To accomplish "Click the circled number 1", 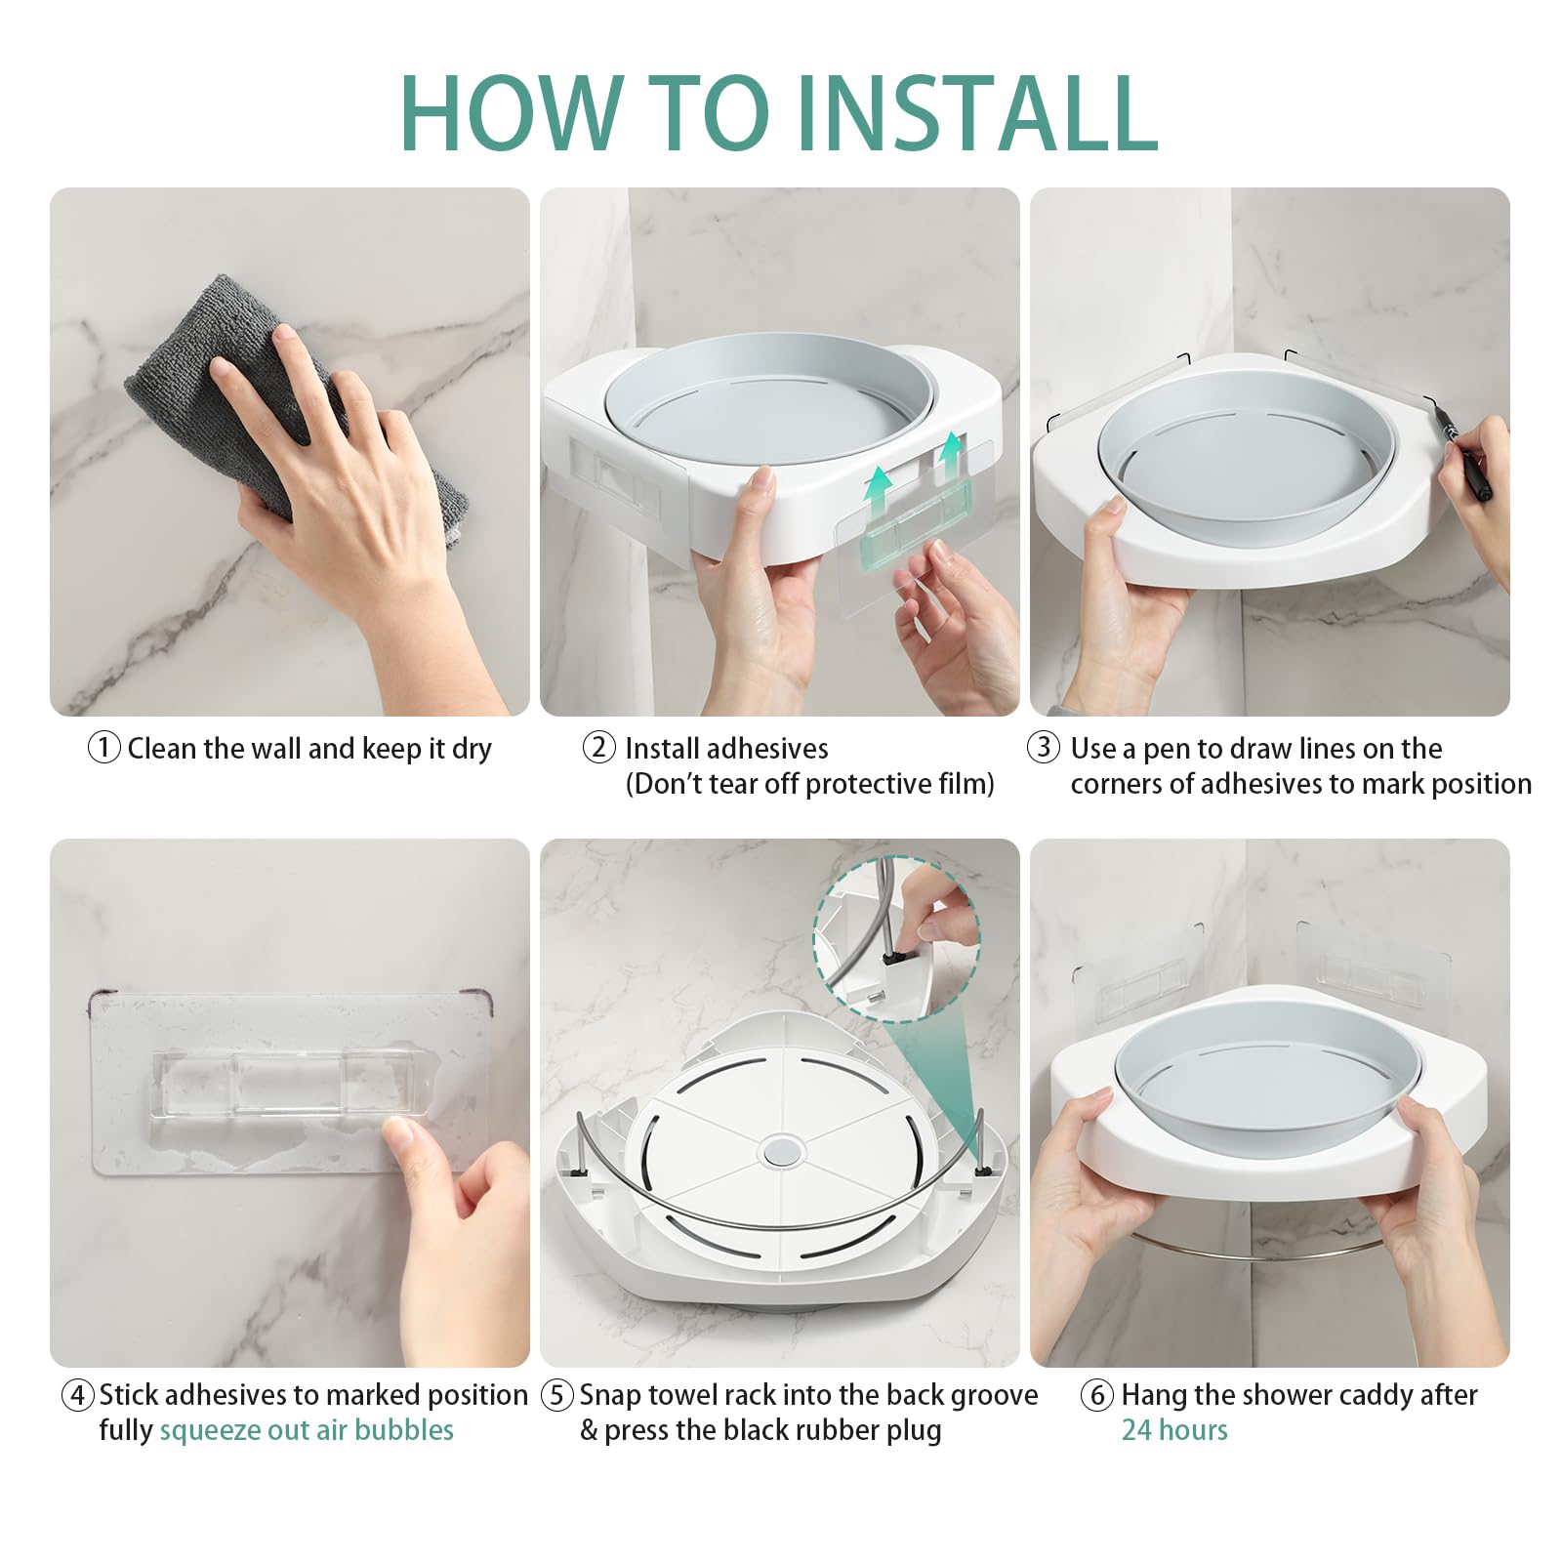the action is [104, 749].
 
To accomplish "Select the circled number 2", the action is [599, 748].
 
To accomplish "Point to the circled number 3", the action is [1044, 748].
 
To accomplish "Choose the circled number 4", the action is [78, 1395].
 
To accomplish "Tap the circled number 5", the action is [557, 1395].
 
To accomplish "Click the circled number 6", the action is [1097, 1395].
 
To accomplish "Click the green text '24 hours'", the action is [1174, 1430].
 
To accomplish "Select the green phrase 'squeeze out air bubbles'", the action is [307, 1431].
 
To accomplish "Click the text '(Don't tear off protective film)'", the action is [810, 784].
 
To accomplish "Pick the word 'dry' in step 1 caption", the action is [472, 750].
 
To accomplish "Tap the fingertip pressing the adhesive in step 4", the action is [398, 1134].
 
